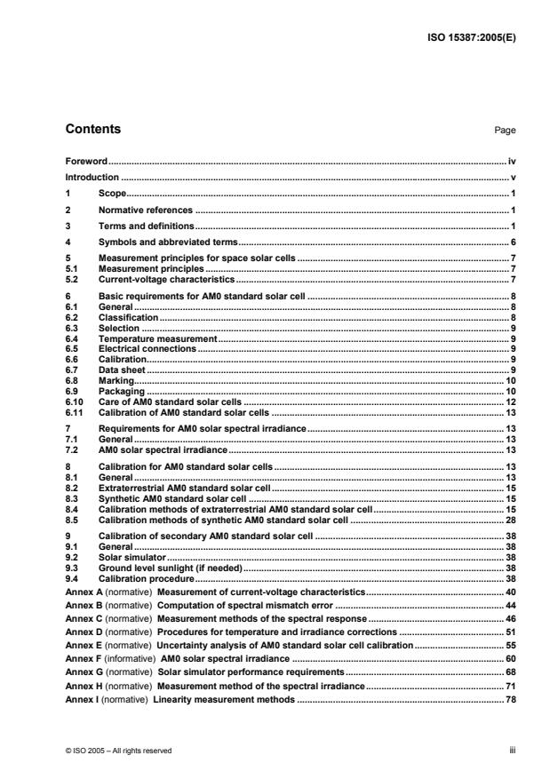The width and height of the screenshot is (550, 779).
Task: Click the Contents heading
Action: click(93, 130)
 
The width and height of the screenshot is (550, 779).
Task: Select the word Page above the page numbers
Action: click(505, 131)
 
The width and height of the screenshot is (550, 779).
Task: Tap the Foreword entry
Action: click(86, 162)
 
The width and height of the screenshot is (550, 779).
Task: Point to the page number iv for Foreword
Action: click(511, 162)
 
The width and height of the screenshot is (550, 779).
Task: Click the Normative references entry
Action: click(145, 210)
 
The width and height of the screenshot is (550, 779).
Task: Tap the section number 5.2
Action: click(73, 279)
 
